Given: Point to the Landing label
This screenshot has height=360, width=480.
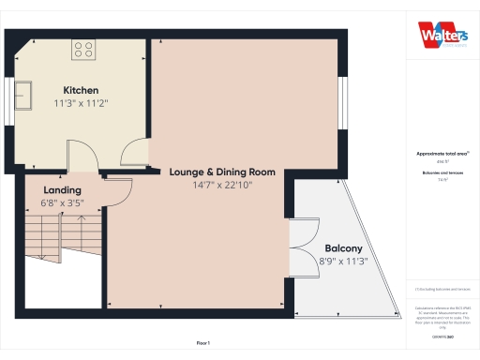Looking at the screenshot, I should pyautogui.click(x=62, y=189).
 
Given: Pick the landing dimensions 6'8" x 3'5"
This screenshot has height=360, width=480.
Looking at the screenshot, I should pyautogui.click(x=62, y=202).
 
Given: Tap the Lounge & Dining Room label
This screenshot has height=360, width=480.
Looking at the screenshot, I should pyautogui.click(x=222, y=172).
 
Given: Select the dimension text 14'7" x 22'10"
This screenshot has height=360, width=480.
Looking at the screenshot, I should pyautogui.click(x=222, y=186).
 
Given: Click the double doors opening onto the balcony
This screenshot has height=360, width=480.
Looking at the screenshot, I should pyautogui.click(x=302, y=249).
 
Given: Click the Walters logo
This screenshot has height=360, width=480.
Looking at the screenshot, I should pyautogui.click(x=442, y=34).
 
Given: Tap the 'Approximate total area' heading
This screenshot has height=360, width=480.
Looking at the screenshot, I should pyautogui.click(x=442, y=153).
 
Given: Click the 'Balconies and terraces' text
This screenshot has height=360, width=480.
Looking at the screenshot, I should pyautogui.click(x=442, y=173).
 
